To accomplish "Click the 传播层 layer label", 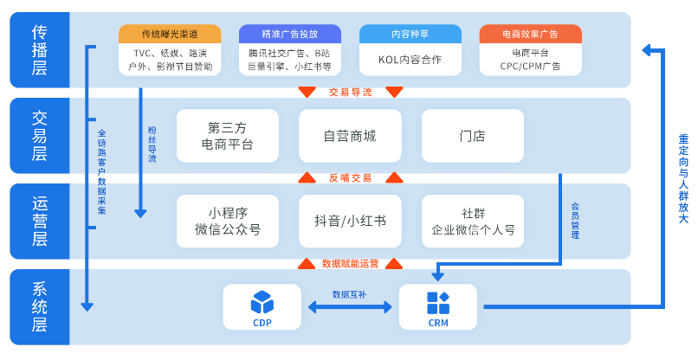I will tap(40, 49).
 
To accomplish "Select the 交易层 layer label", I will tap(40, 136).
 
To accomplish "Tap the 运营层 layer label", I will tap(40, 222).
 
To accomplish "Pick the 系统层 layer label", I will tap(40, 307).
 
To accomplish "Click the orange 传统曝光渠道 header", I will tap(170, 35).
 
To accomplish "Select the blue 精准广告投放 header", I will tap(289, 35).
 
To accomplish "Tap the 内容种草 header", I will tap(410, 35).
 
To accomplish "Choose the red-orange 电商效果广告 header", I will tap(530, 35).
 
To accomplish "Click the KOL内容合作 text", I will tap(410, 60).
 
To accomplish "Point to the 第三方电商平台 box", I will tap(228, 136).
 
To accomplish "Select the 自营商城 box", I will tap(350, 136).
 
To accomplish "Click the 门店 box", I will tap(473, 136).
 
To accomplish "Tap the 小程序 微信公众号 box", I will tap(228, 222).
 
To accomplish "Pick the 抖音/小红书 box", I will tap(350, 222).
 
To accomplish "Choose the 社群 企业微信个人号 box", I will tap(473, 222).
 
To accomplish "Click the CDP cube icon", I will tap(262, 302).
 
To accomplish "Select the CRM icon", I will tap(438, 302).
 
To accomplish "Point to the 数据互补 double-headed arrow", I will tap(350, 307).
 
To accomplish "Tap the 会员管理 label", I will tap(575, 221).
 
